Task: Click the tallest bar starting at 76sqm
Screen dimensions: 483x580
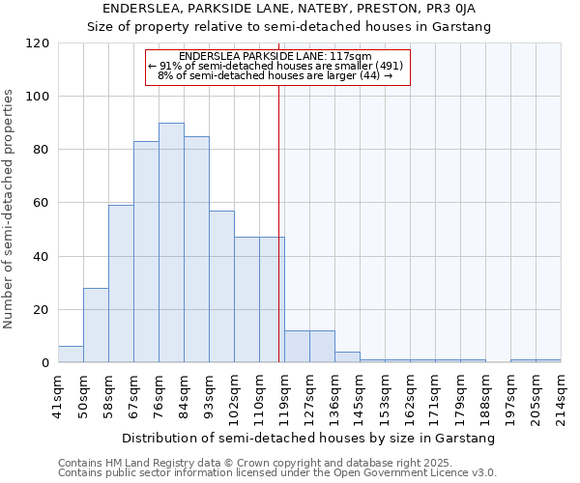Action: [x=171, y=243]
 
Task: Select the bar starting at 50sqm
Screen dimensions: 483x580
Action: [x=96, y=326]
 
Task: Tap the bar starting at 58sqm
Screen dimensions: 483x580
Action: [x=121, y=284]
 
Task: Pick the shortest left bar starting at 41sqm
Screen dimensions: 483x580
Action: [x=71, y=355]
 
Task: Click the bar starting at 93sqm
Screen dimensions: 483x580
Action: [x=221, y=287]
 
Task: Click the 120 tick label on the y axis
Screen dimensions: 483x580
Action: [x=38, y=43]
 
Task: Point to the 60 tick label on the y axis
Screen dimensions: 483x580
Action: [x=42, y=204]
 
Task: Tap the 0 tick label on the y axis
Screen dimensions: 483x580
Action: [x=45, y=363]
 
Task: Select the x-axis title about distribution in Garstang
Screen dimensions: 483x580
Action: [x=308, y=438]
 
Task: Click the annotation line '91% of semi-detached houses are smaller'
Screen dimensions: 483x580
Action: [x=277, y=66]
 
